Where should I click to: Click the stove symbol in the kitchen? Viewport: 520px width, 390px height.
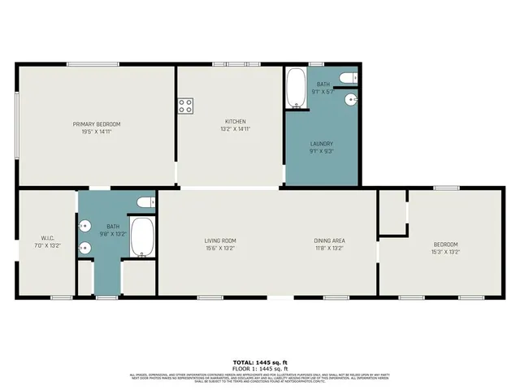click(x=185, y=105)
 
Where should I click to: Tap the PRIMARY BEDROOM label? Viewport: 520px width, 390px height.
click(x=97, y=123)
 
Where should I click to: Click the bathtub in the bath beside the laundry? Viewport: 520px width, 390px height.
click(x=295, y=88)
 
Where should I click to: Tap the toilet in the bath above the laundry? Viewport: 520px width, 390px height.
click(x=348, y=78)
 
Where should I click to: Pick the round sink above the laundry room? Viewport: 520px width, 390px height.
click(x=351, y=99)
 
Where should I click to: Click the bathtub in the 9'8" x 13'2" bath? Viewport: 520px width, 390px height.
click(x=143, y=237)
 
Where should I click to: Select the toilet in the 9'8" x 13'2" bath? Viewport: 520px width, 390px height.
click(x=145, y=201)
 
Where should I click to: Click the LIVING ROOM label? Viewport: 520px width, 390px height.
click(x=219, y=240)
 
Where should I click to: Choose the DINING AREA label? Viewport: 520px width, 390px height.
click(x=330, y=240)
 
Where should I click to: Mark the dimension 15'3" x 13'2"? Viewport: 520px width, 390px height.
click(x=445, y=252)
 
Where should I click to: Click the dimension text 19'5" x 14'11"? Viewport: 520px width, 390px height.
click(x=97, y=131)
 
